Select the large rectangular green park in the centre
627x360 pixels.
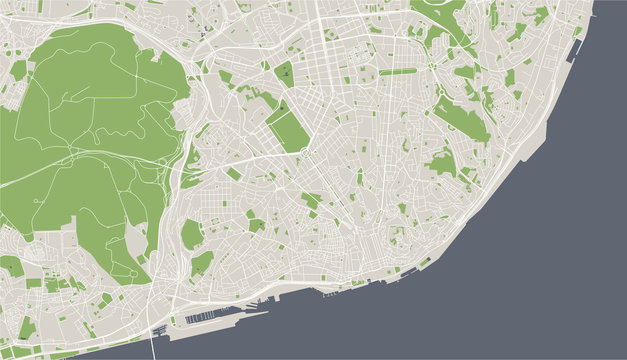click(x=287, y=130)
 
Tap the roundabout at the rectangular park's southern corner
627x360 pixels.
click(x=303, y=153)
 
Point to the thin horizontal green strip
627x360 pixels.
click(x=397, y=71)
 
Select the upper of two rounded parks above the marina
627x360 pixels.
click(x=191, y=234)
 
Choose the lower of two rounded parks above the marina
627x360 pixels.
click(x=202, y=262)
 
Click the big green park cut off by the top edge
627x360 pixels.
click(x=440, y=12)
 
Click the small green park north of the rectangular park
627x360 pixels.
click(x=284, y=73)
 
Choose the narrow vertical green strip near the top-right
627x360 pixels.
click(x=493, y=14)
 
